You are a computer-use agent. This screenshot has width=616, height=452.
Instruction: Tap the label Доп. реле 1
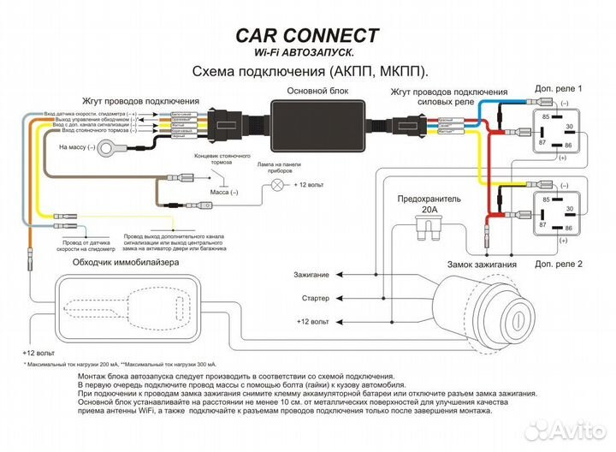click(558, 89)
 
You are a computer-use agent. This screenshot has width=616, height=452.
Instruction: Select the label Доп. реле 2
click(558, 265)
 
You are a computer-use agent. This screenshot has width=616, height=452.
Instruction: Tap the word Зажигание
click(310, 276)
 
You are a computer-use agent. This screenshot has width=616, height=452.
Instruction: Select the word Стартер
click(316, 299)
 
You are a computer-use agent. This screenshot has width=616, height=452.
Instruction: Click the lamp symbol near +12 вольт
click(277, 184)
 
